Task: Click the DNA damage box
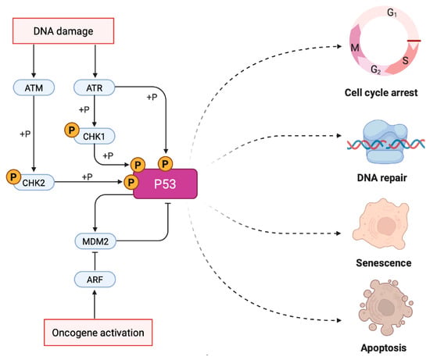tap(63, 31)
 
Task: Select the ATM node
tap(34, 87)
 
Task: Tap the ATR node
tap(95, 87)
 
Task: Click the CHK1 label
tap(94, 136)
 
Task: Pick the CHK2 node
tap(34, 182)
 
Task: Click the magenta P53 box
tap(165, 184)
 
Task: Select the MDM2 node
tap(95, 241)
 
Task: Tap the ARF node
tap(95, 280)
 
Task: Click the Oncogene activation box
tap(99, 333)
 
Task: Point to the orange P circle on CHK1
tap(72, 130)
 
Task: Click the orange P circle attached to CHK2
tap(14, 176)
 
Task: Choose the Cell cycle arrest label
tap(382, 93)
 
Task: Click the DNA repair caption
tap(382, 178)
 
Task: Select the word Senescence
tap(384, 263)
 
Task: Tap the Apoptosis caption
tap(384, 348)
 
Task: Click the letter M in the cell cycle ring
tap(355, 48)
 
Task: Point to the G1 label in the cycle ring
tap(392, 12)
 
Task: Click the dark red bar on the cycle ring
tap(414, 41)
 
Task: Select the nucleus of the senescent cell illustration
tap(386, 226)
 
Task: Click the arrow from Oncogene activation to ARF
tap(95, 305)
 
